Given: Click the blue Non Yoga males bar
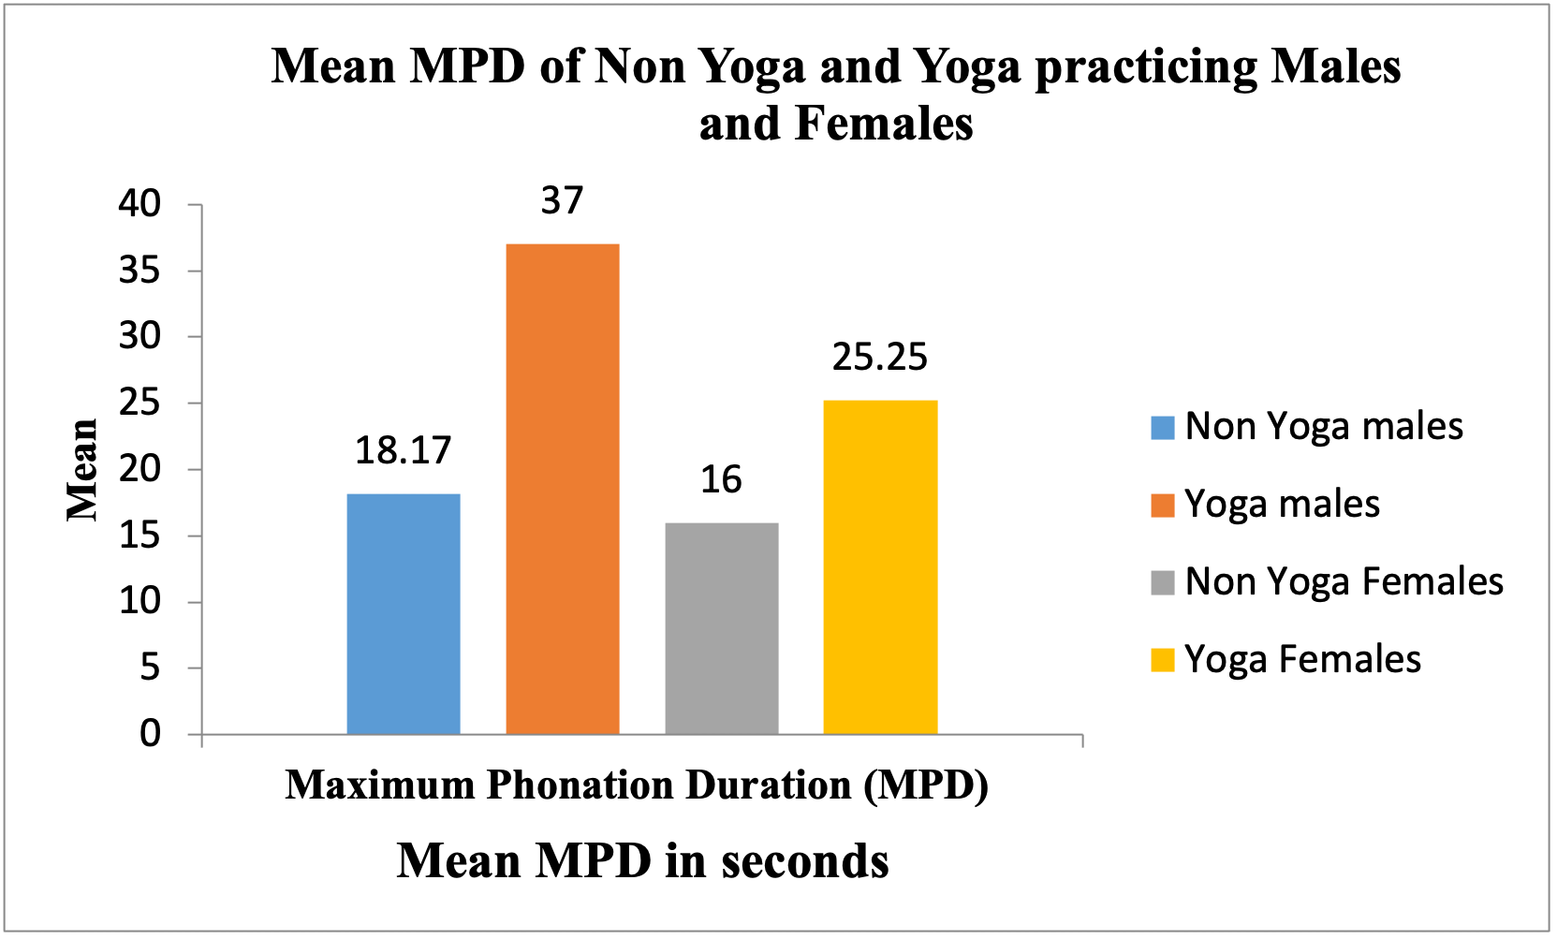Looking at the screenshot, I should pos(404,614).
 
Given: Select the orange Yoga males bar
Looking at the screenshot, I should pos(563,489).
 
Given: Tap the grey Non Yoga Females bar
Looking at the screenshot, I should pos(722,628).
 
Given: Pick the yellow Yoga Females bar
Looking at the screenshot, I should pos(880,567).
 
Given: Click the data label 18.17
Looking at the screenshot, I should pos(404,451).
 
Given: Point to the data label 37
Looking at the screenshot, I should pos(562,201).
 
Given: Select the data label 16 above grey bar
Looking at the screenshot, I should pos(721,480).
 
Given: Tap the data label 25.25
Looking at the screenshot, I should pos(880,358).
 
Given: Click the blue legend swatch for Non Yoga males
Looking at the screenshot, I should pos(1162,428).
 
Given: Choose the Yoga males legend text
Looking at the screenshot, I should pos(1282,505).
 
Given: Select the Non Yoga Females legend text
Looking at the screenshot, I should pos(1344,582).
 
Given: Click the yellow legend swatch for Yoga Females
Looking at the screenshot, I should pos(1162,660).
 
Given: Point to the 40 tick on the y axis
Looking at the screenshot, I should pos(140,204).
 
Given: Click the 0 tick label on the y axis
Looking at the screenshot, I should pos(151,734).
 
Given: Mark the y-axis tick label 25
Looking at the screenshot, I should pos(140,403).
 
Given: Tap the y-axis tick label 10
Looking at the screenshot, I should pos(140,601).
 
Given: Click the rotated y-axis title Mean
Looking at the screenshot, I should pos(82,469).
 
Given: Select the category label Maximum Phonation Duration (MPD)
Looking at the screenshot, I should pos(637,785).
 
